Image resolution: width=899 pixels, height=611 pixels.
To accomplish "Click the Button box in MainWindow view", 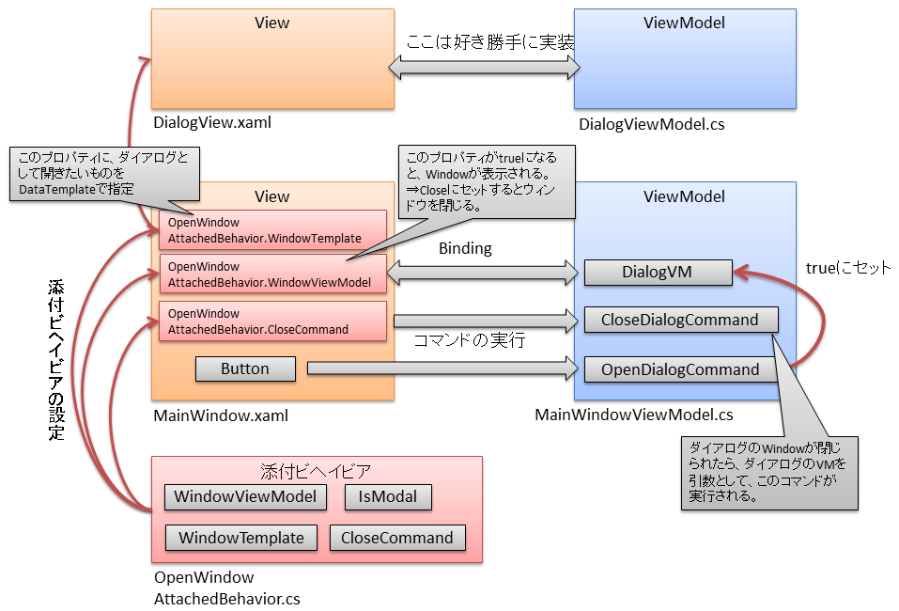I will [x=245, y=369].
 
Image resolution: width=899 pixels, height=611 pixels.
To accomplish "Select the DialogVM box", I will [x=657, y=273].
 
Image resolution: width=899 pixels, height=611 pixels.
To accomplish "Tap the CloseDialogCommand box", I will [x=680, y=320].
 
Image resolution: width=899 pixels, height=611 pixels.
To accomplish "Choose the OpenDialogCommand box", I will [x=680, y=369].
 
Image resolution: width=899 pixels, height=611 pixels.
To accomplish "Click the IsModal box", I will [x=388, y=496].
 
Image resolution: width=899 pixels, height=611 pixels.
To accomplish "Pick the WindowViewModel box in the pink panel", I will [x=246, y=496].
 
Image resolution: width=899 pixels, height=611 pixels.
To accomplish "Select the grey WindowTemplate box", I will [x=241, y=538].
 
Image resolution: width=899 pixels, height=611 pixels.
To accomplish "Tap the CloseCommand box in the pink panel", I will [x=396, y=538].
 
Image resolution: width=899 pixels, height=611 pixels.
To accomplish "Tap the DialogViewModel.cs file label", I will [x=651, y=124].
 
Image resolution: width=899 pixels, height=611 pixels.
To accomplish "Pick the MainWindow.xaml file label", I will [x=221, y=415].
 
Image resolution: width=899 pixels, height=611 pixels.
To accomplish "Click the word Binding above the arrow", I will [x=466, y=249].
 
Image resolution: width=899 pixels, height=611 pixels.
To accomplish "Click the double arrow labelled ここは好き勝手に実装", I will [x=485, y=66].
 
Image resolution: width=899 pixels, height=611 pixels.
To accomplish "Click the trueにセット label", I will [x=847, y=268].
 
